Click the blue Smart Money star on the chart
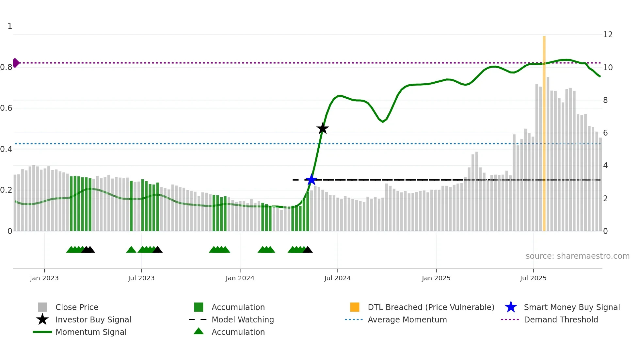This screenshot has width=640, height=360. (311, 180)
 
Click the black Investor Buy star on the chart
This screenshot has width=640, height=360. (323, 128)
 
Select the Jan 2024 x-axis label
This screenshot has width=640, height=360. (240, 278)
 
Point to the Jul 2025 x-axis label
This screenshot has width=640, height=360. (533, 278)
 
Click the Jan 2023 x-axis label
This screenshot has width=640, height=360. (44, 278)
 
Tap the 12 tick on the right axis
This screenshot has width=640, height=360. (608, 35)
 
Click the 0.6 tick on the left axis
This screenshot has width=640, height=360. (6, 108)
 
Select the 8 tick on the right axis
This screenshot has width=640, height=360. (605, 100)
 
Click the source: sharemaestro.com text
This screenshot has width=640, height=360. (577, 256)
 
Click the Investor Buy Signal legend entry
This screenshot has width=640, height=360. (93, 319)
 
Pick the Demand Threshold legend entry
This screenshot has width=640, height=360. (561, 319)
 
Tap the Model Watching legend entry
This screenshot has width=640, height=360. (242, 319)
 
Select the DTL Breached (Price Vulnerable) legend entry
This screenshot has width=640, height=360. (431, 307)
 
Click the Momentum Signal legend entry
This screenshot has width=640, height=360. (91, 332)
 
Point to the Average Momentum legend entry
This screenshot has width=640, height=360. (407, 319)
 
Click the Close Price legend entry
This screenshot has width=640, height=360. (77, 307)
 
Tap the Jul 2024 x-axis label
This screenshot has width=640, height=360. (337, 278)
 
